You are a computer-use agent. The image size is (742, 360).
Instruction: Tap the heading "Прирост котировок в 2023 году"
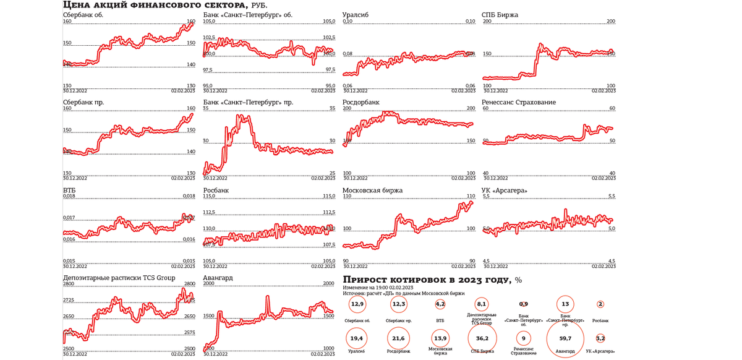[x=427, y=280]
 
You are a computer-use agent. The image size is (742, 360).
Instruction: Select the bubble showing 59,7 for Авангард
[x=565, y=338]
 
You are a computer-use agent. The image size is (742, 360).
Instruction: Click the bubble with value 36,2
[x=482, y=338]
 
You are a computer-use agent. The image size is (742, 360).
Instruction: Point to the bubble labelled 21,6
[x=399, y=338]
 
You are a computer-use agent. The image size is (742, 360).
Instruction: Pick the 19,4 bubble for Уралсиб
[x=356, y=338]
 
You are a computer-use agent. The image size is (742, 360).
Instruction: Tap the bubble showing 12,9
[x=357, y=304]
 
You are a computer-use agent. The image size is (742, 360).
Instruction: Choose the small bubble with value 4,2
[x=440, y=304]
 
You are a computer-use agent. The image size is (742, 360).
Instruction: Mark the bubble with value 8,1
[x=482, y=304]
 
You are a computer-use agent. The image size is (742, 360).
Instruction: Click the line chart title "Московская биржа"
[x=372, y=191]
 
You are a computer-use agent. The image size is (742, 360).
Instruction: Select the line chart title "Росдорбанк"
[x=361, y=103]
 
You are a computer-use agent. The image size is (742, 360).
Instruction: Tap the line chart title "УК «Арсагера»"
[x=505, y=191]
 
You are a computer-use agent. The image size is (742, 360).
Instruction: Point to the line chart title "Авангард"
[x=218, y=278]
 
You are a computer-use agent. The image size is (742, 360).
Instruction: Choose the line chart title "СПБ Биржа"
[x=500, y=15]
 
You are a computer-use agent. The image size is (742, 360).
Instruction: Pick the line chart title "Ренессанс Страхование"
[x=518, y=103]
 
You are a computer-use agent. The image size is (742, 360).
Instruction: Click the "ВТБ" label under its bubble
[x=440, y=320]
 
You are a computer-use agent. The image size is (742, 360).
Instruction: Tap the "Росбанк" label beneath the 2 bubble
[x=600, y=320]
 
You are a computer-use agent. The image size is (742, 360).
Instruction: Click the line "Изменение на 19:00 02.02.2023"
[x=378, y=288]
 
